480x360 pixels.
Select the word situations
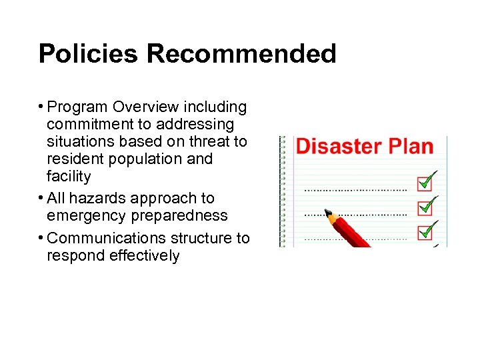(79, 142)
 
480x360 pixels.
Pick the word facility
(69, 177)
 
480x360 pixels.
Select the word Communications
(110, 238)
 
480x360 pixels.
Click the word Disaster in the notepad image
(338, 147)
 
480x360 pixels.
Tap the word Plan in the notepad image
(409, 147)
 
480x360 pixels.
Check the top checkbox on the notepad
(425, 181)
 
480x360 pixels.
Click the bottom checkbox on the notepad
(425, 232)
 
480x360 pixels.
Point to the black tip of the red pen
(329, 213)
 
